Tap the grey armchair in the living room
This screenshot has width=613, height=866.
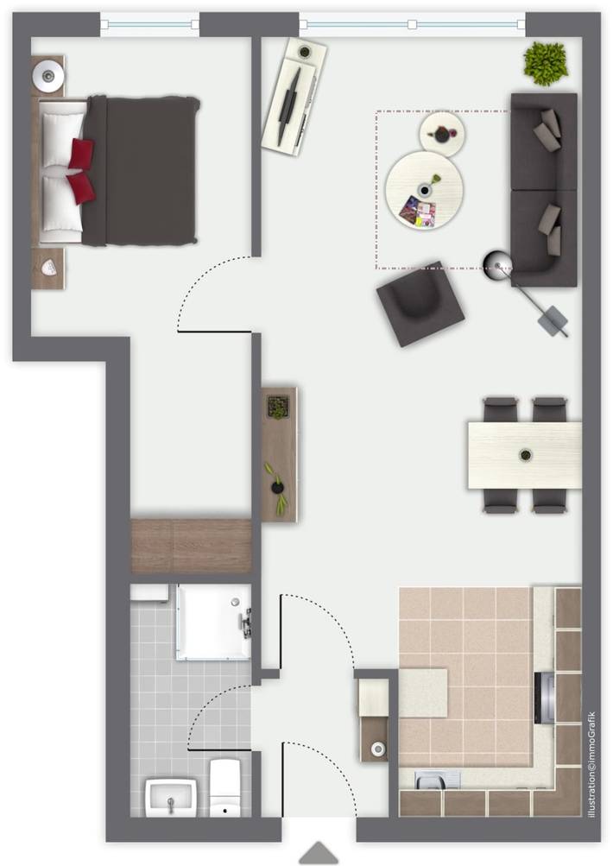pos(421,303)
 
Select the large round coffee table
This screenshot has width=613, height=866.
pos(425,189)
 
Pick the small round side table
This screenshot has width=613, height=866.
pos(442,133)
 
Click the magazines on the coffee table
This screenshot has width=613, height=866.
pos(419,211)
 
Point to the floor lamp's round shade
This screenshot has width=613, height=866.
pos(498,262)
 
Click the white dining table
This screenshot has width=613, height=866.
pos(524,454)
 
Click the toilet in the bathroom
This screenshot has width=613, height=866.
pos(225,787)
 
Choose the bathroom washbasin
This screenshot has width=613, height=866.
pos(171,795)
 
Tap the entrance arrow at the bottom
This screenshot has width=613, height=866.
pos(319,853)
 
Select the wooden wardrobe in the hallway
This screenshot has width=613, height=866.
pos(191,546)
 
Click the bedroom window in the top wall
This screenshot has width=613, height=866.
pos(149,23)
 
